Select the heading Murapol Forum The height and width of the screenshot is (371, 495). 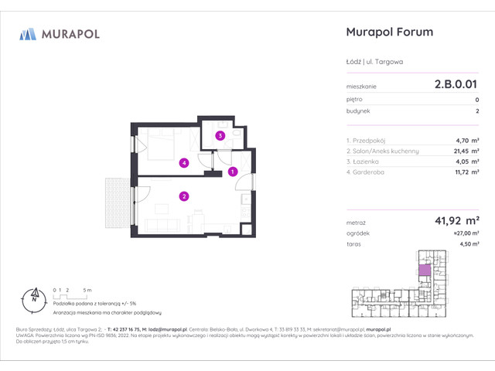(x=387, y=32)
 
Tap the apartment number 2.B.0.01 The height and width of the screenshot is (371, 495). (x=456, y=87)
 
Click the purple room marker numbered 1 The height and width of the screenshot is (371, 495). (x=233, y=172)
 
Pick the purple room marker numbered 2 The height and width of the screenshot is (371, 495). (x=183, y=196)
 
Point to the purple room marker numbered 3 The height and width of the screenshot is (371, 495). (x=220, y=136)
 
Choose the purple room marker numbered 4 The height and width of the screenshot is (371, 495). (x=183, y=162)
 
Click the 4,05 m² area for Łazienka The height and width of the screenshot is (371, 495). (x=466, y=162)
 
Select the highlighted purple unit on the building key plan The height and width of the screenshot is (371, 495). (x=424, y=271)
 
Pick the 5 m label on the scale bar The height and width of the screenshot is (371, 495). (x=88, y=289)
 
